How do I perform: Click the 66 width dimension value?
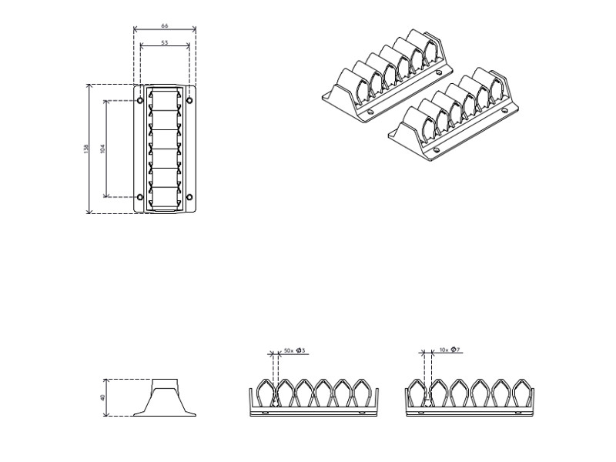164,26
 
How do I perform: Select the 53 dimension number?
165,43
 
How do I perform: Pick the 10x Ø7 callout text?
450,350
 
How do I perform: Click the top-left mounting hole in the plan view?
139,100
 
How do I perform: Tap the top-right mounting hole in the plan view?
189,100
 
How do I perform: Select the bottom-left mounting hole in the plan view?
139,197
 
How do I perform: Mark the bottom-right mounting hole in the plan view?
189,197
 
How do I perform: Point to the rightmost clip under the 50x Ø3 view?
360,393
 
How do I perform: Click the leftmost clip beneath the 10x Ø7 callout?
420,393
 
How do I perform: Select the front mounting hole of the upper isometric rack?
370,113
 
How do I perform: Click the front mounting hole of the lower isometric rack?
436,149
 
